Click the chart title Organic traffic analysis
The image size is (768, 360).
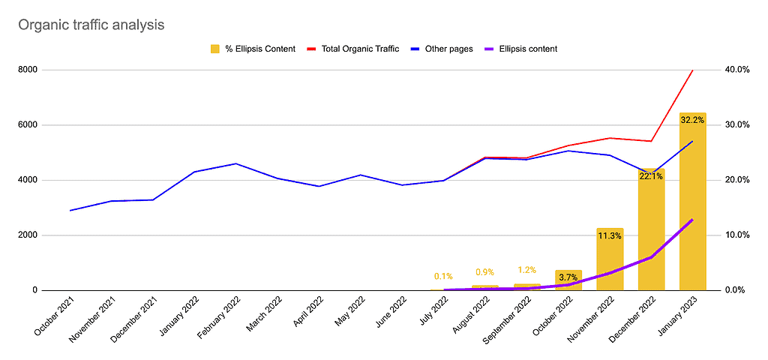click(x=91, y=25)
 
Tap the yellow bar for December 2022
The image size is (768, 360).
click(x=651, y=240)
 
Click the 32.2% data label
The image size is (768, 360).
click(x=692, y=119)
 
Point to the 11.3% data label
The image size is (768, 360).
click(x=610, y=235)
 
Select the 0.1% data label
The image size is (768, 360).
click(x=443, y=276)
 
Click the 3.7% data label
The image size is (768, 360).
click(x=568, y=277)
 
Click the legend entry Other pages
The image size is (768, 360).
click(x=442, y=49)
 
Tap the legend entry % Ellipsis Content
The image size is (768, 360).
click(x=253, y=49)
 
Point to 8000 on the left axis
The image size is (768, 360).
click(x=49, y=70)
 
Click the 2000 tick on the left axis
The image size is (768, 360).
click(x=49, y=235)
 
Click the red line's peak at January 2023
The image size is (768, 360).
click(x=692, y=70)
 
